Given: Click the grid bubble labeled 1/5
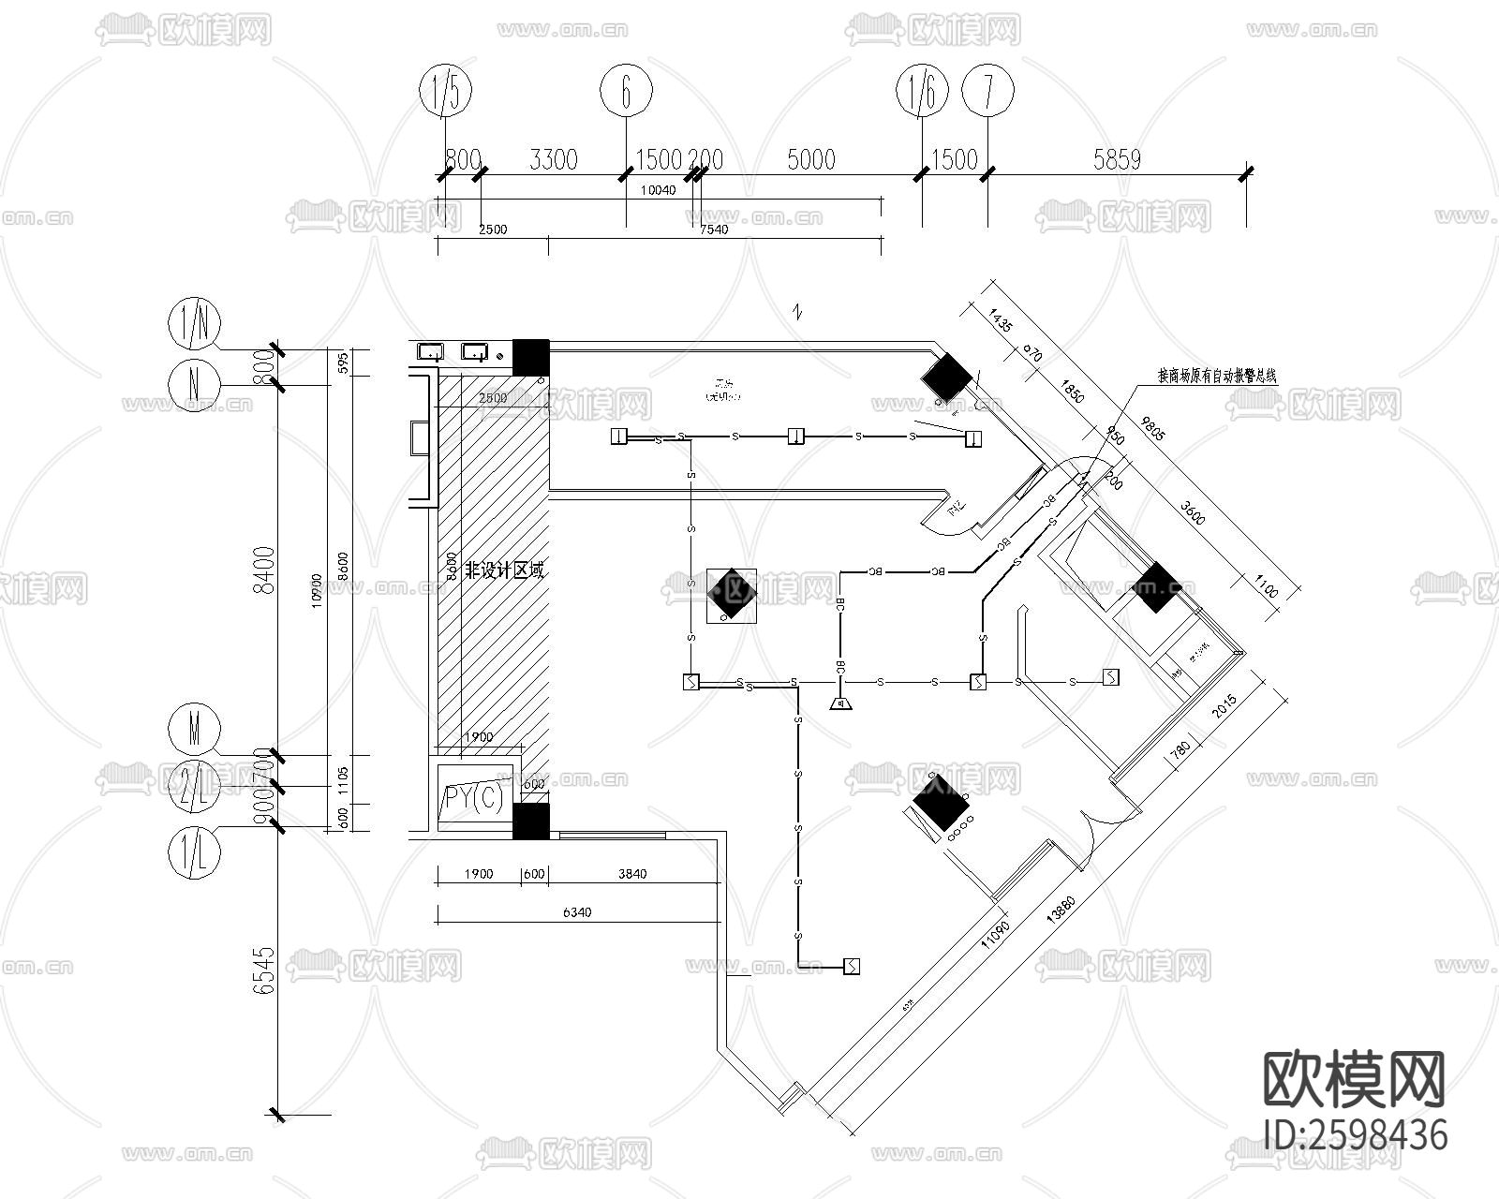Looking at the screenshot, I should tap(446, 91).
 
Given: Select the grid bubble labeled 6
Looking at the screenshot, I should tap(625, 91).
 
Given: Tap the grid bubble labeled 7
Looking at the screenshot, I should tap(987, 91).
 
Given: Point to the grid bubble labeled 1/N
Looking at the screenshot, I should tap(194, 324).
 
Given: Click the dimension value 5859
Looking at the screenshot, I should tap(1117, 159).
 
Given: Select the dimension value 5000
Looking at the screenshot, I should tap(811, 159).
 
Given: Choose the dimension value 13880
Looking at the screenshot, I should tap(1061, 908).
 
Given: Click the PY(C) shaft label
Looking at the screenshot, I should tap(474, 798).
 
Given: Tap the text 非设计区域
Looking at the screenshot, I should tap(505, 570).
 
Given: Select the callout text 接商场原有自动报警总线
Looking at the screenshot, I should tap(1217, 376).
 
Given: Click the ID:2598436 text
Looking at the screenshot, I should tap(1355, 1135).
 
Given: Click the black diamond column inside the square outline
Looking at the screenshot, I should tap(731, 595).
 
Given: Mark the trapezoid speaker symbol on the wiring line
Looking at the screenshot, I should tap(841, 703).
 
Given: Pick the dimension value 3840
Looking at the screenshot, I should tap(632, 874).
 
